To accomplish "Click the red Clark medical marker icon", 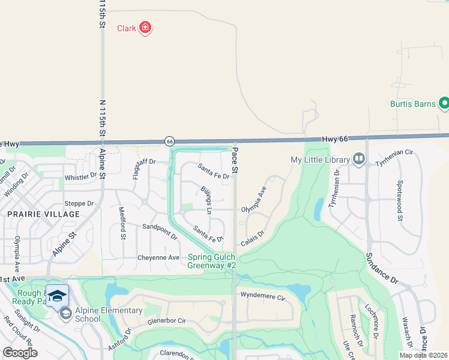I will point(145,28).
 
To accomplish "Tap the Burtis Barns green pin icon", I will point(444,104).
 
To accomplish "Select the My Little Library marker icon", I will point(359,159).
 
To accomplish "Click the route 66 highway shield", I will point(170,141).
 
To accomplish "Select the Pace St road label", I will point(235,161).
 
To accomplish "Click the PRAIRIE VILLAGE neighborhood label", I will point(43,214).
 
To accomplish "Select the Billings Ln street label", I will point(205,200).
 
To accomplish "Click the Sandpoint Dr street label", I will point(160,231).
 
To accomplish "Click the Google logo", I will point(20,352).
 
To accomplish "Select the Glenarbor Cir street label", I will point(167,321).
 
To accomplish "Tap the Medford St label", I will point(122,223).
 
